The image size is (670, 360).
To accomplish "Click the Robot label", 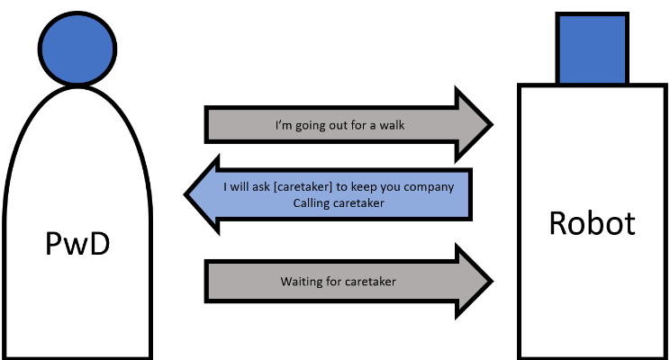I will point(591,223).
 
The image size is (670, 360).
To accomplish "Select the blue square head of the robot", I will point(591,47).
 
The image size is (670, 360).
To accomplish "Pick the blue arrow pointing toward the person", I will point(330,194).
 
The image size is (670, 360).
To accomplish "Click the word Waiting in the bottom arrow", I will point(300,282).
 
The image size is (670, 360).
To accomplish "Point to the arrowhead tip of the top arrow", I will point(492,124).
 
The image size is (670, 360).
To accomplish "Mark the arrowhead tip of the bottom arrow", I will point(492,282).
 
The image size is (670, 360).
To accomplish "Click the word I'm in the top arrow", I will point(284,125).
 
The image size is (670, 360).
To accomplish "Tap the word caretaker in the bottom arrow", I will point(370,282).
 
